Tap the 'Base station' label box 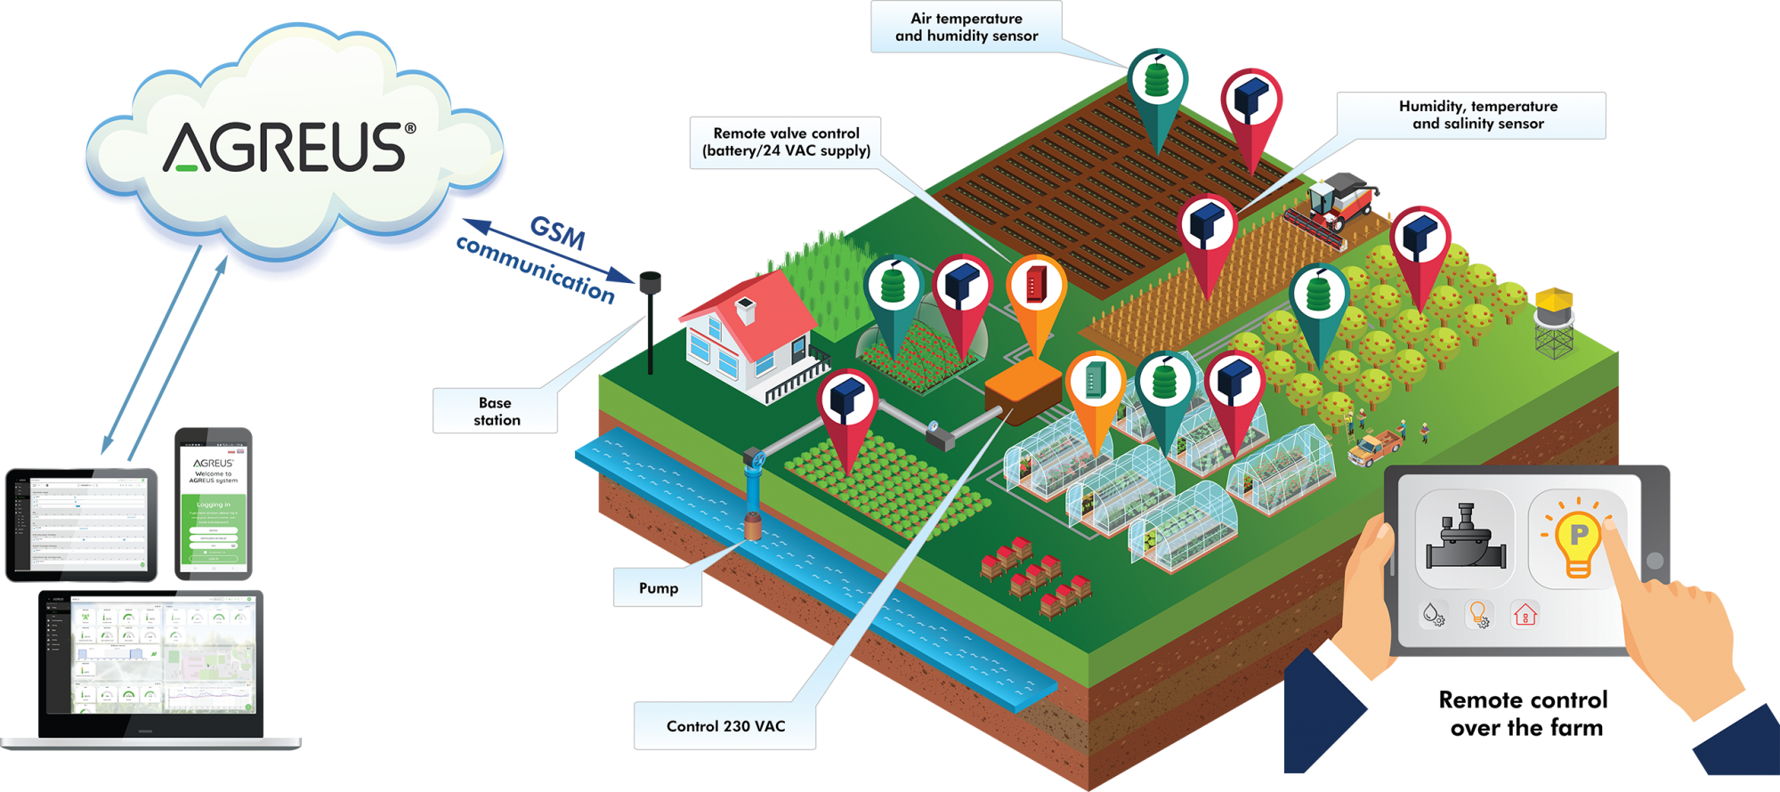click(x=496, y=411)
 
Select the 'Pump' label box click(x=658, y=588)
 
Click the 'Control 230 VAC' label click(x=725, y=726)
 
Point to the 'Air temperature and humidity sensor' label click(x=967, y=28)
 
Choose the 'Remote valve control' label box click(x=786, y=142)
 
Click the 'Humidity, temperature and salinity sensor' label click(x=1477, y=116)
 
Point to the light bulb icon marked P click(x=1578, y=538)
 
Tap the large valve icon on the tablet click(x=1465, y=538)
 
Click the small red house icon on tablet click(x=1525, y=614)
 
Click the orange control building click(x=1023, y=392)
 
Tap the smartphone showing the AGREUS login click(x=214, y=503)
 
